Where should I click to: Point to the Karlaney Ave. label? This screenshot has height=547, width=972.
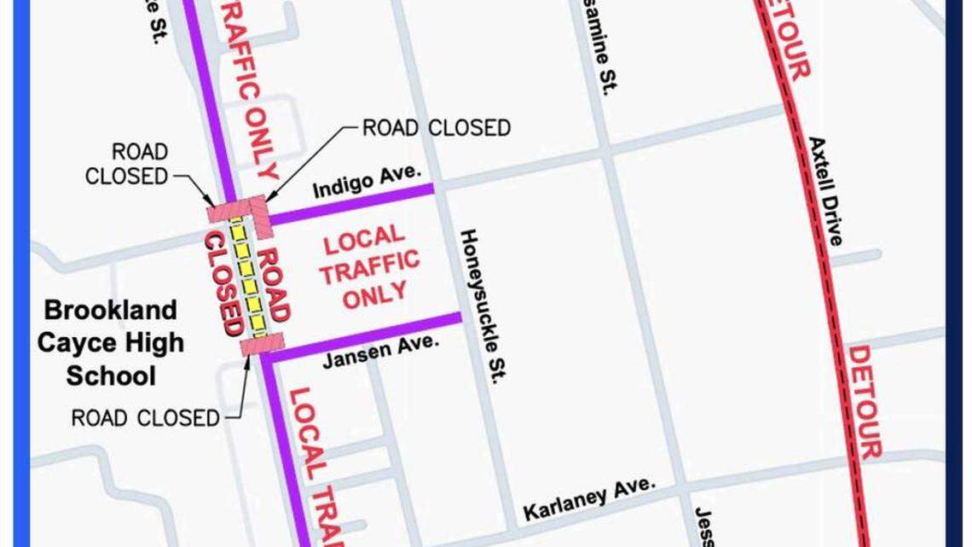[x=589, y=499]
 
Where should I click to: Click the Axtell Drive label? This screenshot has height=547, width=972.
[x=825, y=191]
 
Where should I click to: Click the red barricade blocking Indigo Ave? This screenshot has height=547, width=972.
[x=258, y=210]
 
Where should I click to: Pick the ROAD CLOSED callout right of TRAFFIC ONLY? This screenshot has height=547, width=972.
[x=436, y=128]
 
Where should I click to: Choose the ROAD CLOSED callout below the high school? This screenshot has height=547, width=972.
[x=145, y=418]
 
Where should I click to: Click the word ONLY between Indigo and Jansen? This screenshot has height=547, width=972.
[x=375, y=293]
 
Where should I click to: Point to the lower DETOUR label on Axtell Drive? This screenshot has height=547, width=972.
[x=865, y=401]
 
